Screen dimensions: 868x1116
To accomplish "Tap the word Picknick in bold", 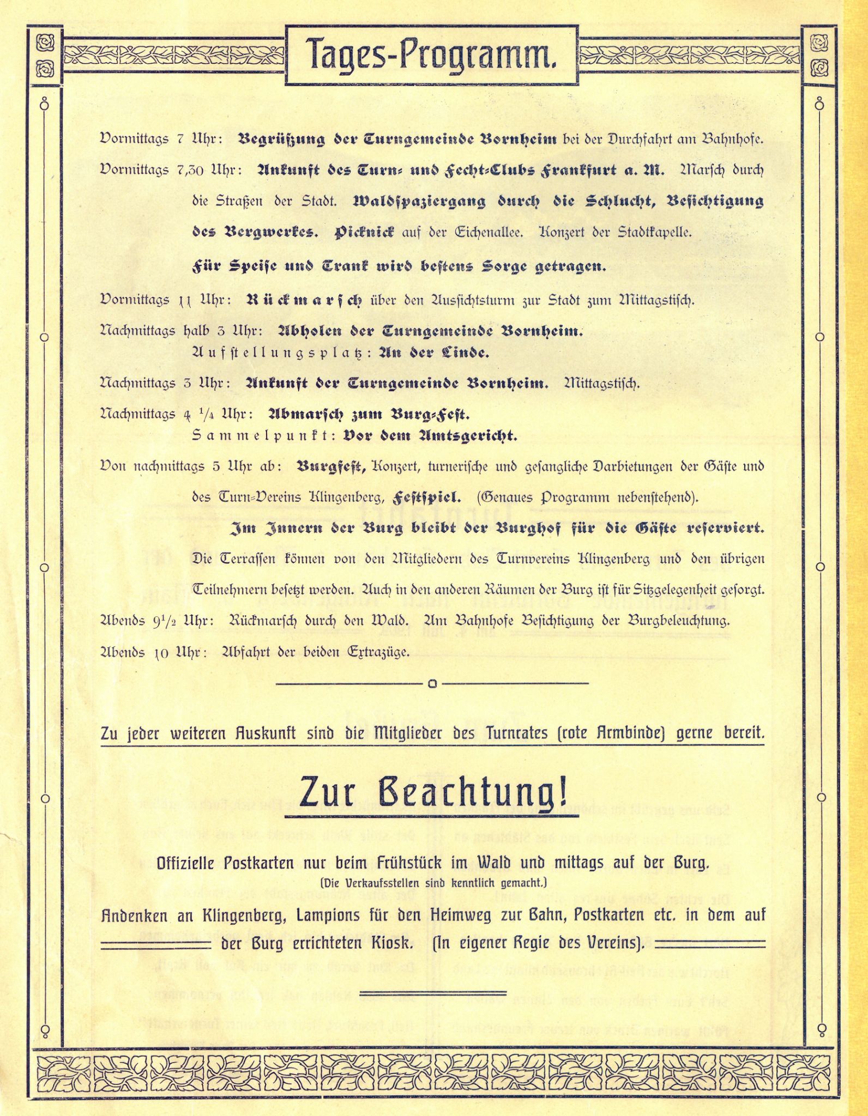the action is coord(364,232).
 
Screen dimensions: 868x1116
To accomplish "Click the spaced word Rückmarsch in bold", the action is coord(303,300).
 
